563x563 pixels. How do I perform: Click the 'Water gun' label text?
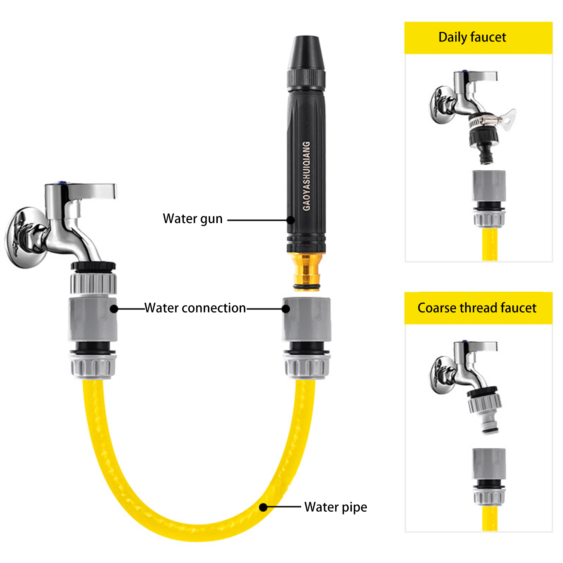[x=192, y=219]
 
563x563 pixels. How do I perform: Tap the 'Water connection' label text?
[x=195, y=308]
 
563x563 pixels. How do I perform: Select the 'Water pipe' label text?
[x=336, y=507]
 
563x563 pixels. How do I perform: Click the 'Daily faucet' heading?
[x=472, y=37]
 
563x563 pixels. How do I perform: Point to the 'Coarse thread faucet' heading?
[x=477, y=308]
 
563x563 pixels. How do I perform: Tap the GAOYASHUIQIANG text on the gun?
[x=307, y=176]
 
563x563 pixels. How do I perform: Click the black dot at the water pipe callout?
[x=264, y=507]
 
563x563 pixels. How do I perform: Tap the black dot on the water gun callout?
[x=291, y=220]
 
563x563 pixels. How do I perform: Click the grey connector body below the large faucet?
[x=93, y=319]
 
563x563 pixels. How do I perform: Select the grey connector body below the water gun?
[x=306, y=319]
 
